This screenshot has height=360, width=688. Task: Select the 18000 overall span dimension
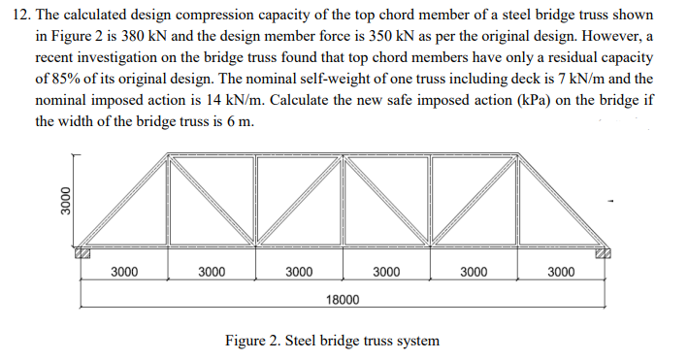[341, 302]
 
